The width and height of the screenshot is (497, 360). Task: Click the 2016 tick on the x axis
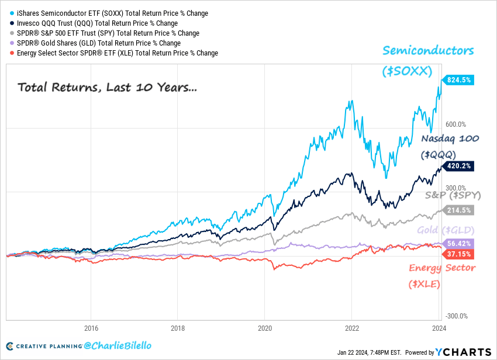coord(91,328)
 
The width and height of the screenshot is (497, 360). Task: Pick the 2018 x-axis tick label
coord(178,328)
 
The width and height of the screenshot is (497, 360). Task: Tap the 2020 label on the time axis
coord(265,328)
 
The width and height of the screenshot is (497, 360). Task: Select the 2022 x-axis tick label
coord(351,328)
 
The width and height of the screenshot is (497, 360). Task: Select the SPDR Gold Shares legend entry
coord(96,43)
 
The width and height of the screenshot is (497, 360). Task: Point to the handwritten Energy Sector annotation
coord(442,268)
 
